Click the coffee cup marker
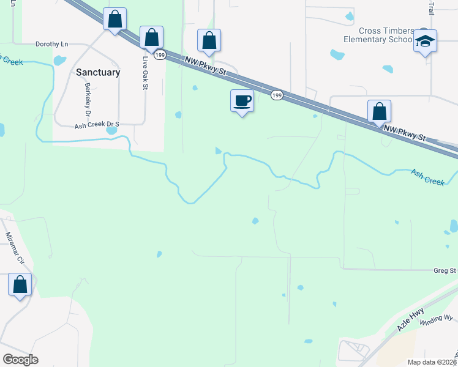[242, 100]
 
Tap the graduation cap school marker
[425, 41]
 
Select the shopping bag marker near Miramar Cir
[20, 285]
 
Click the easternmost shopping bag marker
[380, 111]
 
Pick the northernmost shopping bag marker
[114, 19]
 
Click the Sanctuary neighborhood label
[98, 72]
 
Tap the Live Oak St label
[146, 73]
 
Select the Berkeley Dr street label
[88, 100]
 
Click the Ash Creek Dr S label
[96, 125]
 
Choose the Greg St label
[445, 270]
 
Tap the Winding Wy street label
[440, 318]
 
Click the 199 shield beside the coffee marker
[277, 95]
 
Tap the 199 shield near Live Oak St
[160, 55]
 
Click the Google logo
[20, 360]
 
